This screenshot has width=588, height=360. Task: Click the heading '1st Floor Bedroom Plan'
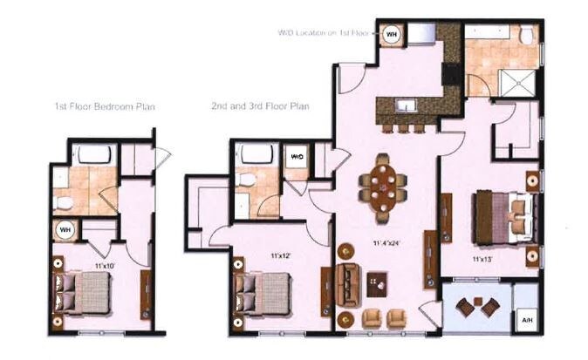[x=104, y=106]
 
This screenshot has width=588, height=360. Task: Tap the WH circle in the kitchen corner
[x=393, y=33]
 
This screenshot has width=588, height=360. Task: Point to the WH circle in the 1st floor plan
[x=64, y=230]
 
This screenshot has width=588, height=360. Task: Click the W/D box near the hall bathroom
[x=297, y=158]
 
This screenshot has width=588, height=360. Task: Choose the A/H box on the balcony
[x=526, y=319]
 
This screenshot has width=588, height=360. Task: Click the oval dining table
[x=384, y=185]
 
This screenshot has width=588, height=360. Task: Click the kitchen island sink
[x=404, y=107]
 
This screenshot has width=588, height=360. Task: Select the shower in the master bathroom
[x=518, y=85]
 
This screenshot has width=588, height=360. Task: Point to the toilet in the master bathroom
[x=528, y=36]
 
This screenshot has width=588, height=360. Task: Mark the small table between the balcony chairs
[x=478, y=308]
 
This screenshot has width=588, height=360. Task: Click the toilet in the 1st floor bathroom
[x=64, y=203]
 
